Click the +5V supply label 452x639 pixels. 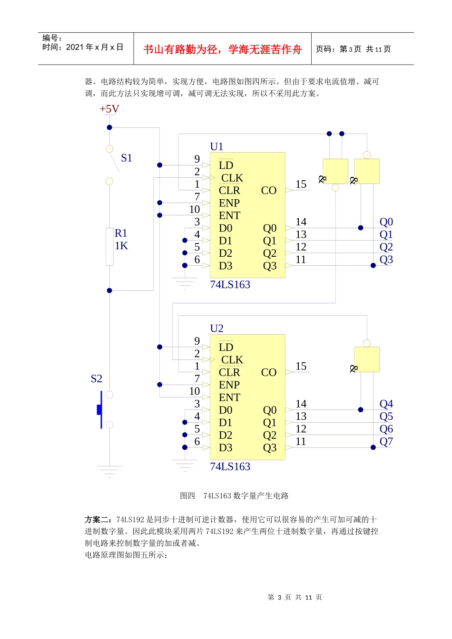(x=109, y=109)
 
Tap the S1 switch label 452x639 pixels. (x=127, y=158)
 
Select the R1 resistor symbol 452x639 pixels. (x=109, y=246)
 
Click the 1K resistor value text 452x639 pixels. (x=121, y=246)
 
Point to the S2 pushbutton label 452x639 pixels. (x=96, y=378)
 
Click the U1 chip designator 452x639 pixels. (x=216, y=146)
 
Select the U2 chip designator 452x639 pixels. (x=216, y=329)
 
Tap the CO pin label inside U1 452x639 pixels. (x=268, y=190)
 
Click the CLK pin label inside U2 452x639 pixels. (x=232, y=360)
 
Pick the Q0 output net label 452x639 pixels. (x=386, y=222)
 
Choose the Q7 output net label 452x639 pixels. (x=386, y=442)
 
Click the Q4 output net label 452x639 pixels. (x=386, y=404)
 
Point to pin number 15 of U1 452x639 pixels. (x=301, y=184)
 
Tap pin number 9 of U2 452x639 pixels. (x=197, y=341)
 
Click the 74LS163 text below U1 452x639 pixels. (x=230, y=285)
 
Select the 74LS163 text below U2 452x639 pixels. (x=230, y=467)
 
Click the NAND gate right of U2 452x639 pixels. (x=366, y=359)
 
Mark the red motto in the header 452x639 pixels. (x=222, y=49)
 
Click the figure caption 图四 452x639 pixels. (x=187, y=496)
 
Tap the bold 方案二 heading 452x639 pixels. (x=98, y=520)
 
